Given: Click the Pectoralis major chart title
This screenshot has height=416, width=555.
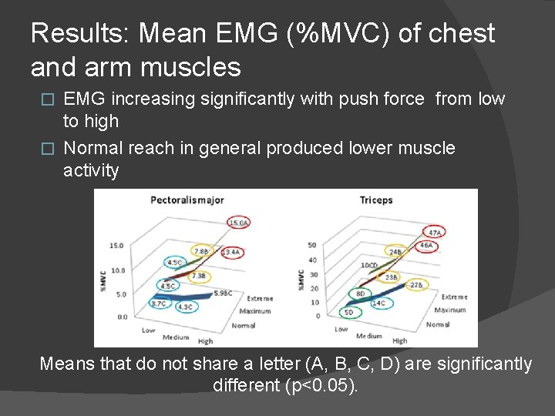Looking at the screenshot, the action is (187, 200).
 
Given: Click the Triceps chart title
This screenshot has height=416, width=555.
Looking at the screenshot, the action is (376, 200).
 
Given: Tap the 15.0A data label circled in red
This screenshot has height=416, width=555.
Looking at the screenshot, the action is (238, 223).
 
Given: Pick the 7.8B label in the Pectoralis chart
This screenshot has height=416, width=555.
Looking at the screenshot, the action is (200, 251).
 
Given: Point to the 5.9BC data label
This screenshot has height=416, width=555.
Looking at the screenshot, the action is (223, 293).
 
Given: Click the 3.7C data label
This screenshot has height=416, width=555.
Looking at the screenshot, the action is (159, 304).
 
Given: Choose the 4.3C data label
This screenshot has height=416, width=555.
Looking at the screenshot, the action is (185, 307).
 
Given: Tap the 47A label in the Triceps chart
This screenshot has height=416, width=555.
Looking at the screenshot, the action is (435, 232).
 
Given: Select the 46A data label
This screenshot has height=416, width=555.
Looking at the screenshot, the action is (426, 246).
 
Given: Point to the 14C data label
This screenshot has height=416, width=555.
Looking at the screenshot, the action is (378, 304).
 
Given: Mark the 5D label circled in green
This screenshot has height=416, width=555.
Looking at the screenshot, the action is (349, 312).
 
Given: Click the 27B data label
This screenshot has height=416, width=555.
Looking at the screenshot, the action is (416, 285).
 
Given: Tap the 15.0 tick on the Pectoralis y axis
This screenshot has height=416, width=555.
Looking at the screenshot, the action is (116, 246).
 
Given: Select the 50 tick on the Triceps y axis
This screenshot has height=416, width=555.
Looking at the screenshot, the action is (312, 245).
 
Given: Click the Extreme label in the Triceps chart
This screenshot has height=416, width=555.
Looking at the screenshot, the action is (454, 297).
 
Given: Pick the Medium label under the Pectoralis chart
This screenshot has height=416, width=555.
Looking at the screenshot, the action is (176, 336).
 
